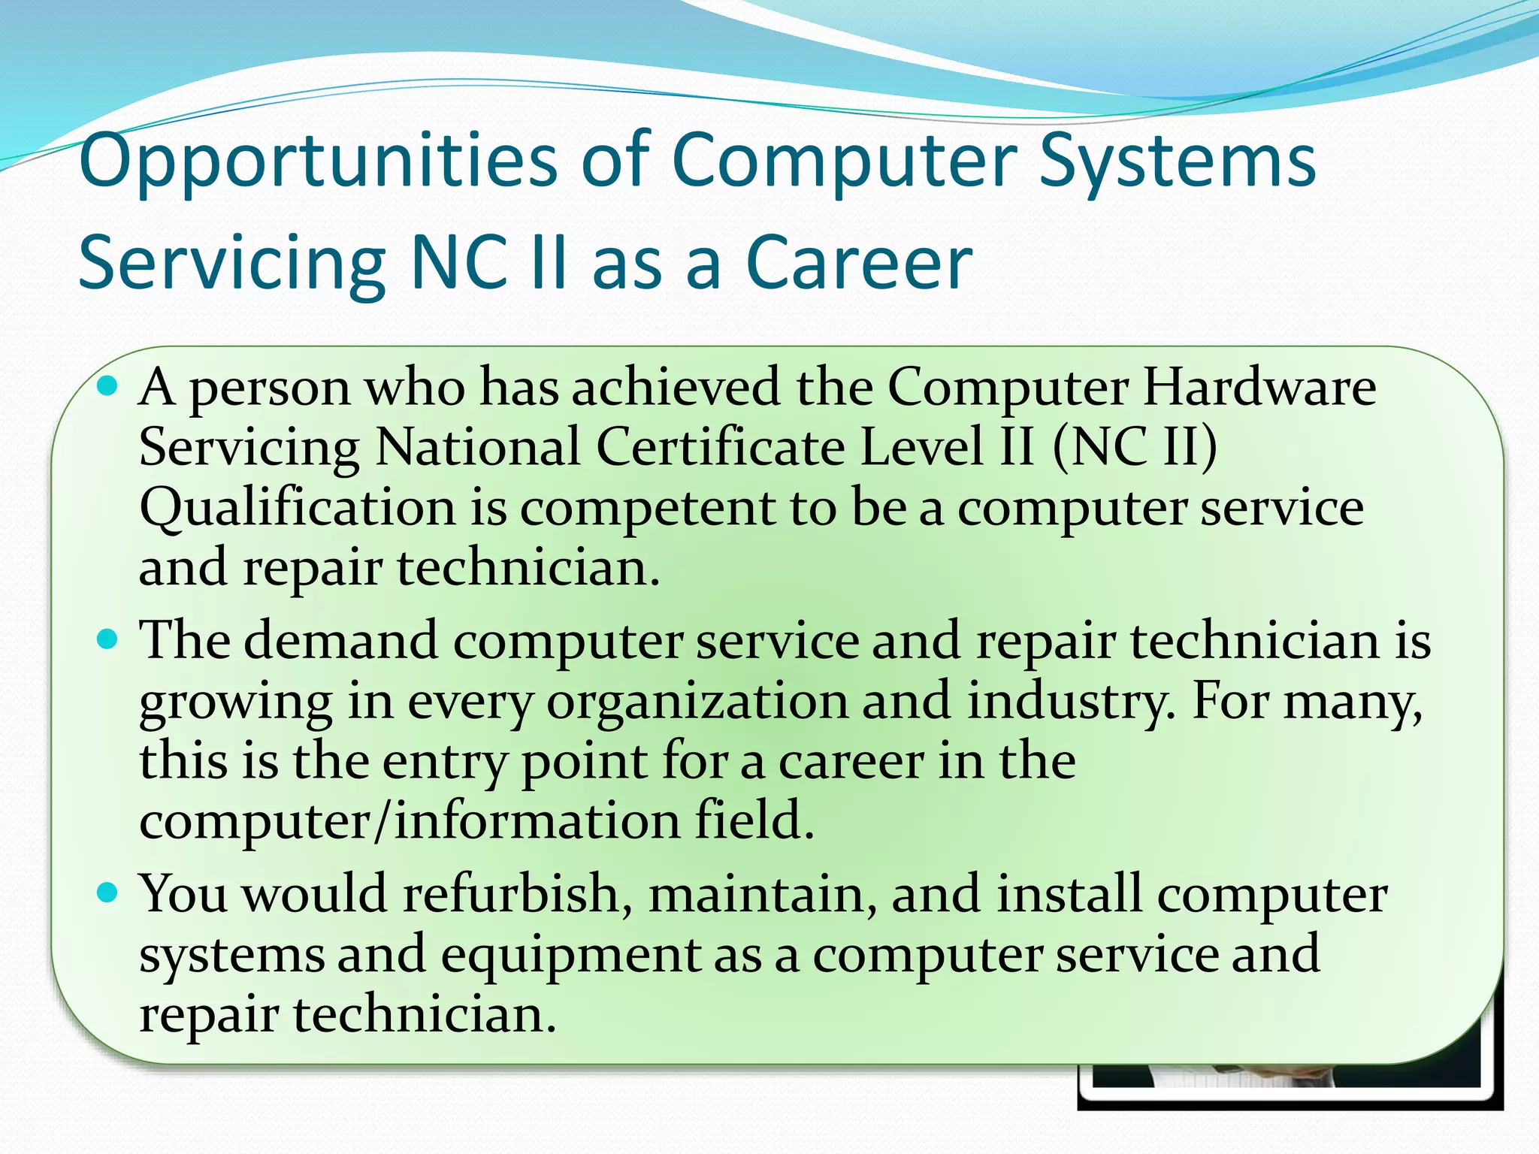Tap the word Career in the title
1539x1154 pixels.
pyautogui.click(x=858, y=262)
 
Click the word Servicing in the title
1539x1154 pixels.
pyautogui.click(x=231, y=262)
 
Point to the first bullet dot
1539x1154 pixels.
pyautogui.click(x=108, y=387)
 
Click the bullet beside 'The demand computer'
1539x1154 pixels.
pyautogui.click(x=108, y=640)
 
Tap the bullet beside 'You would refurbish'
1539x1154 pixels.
pyautogui.click(x=108, y=893)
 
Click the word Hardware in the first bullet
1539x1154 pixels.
pyautogui.click(x=1259, y=388)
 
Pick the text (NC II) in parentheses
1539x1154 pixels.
pyautogui.click(x=1135, y=447)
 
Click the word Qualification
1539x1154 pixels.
pyautogui.click(x=298, y=508)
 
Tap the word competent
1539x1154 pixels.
pyautogui.click(x=648, y=508)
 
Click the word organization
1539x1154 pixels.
pyautogui.click(x=697, y=701)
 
